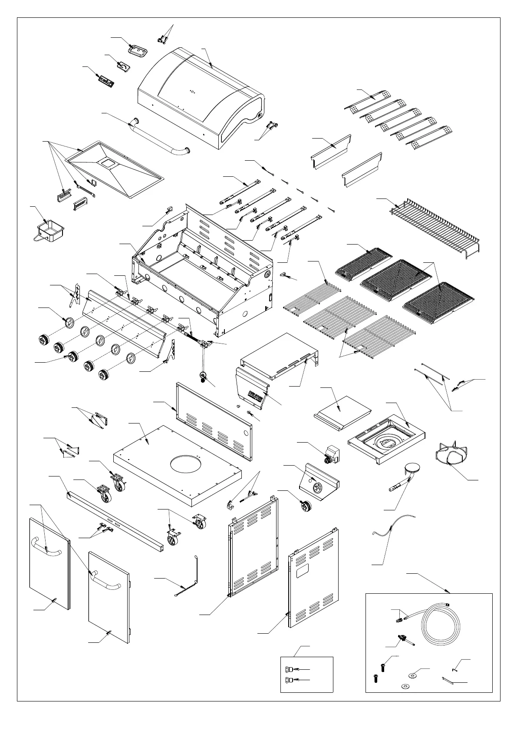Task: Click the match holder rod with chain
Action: point(191,578)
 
